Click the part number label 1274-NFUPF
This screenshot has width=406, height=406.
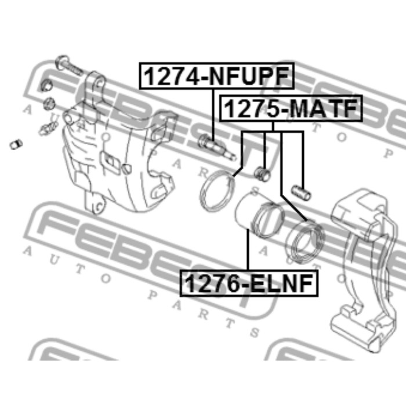click(216, 75)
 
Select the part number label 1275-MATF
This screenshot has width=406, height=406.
click(290, 108)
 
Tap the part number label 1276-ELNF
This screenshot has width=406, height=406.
click(249, 283)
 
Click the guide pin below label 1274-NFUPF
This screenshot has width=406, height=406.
click(217, 147)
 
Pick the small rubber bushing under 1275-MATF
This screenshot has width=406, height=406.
click(262, 174)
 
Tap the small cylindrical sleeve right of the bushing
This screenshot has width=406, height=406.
click(301, 193)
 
